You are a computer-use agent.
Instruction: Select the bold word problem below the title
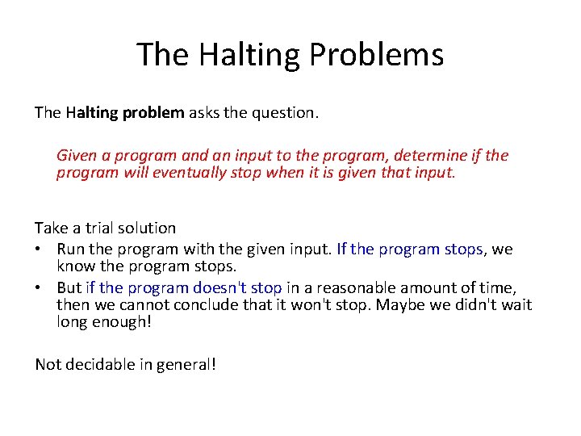click(x=153, y=113)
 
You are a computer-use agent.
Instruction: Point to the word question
click(x=287, y=113)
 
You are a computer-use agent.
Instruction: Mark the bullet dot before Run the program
click(x=39, y=249)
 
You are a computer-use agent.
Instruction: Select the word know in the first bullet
click(x=74, y=266)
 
